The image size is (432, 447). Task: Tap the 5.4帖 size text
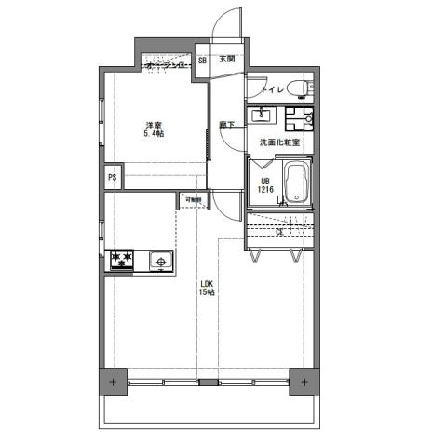click(154, 134)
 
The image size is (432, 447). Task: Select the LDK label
click(207, 283)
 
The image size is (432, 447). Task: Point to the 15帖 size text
click(207, 292)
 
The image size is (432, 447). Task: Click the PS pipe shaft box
click(113, 177)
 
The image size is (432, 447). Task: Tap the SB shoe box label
click(202, 60)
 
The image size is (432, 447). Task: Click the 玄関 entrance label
click(226, 60)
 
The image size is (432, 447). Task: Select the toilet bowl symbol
click(298, 89)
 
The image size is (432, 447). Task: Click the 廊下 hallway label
click(226, 124)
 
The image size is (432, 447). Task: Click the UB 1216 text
click(265, 185)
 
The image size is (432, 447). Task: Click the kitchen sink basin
click(160, 262)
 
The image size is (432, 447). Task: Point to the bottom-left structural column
click(113, 382)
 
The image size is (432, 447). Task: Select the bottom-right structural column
click(304, 382)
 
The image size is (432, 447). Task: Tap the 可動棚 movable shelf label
click(193, 199)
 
